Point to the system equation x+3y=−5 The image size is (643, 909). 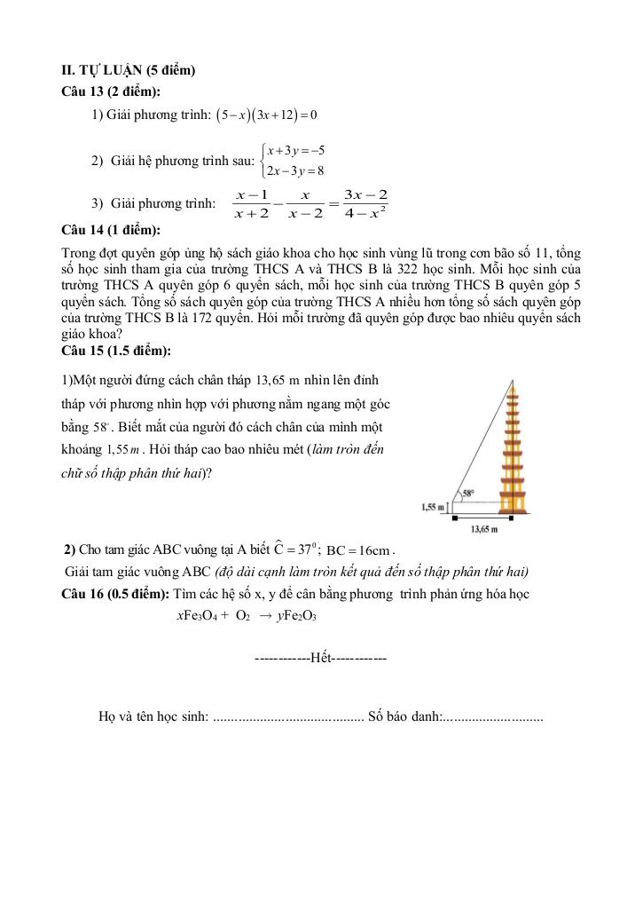click(296, 150)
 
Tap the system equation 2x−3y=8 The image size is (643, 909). click(296, 170)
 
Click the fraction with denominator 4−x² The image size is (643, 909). click(365, 203)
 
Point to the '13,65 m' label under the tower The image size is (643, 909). click(482, 529)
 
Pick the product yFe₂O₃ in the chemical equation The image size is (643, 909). click(298, 615)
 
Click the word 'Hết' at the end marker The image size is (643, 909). click(321, 660)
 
